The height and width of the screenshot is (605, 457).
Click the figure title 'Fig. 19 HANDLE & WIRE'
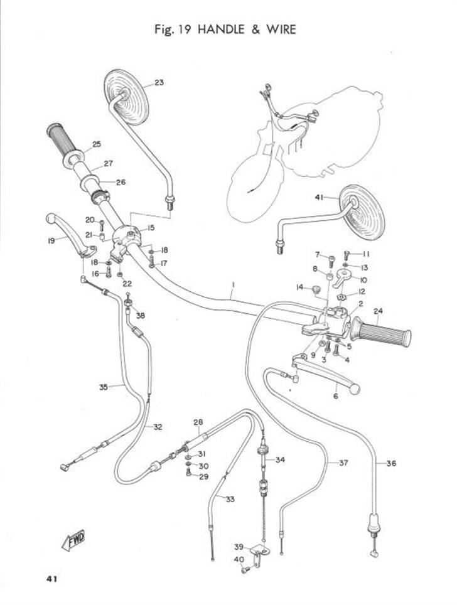(225, 29)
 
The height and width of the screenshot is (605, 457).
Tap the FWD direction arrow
(73, 539)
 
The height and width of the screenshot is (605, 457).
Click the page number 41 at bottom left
(52, 578)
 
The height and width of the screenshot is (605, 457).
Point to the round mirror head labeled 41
(362, 211)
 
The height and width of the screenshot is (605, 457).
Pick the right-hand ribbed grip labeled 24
(382, 330)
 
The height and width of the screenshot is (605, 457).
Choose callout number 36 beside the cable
(391, 464)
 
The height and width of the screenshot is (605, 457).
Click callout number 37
(343, 464)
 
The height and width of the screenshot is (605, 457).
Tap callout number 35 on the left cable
(104, 387)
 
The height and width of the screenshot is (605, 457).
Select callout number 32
(158, 427)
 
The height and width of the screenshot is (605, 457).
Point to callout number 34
(280, 460)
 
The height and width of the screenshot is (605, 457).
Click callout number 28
(198, 422)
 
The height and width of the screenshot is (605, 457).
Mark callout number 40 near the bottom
(239, 559)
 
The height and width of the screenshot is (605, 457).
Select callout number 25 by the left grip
(96, 144)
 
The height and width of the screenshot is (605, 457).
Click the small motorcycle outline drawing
(301, 154)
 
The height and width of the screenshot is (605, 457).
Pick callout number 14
(299, 287)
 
